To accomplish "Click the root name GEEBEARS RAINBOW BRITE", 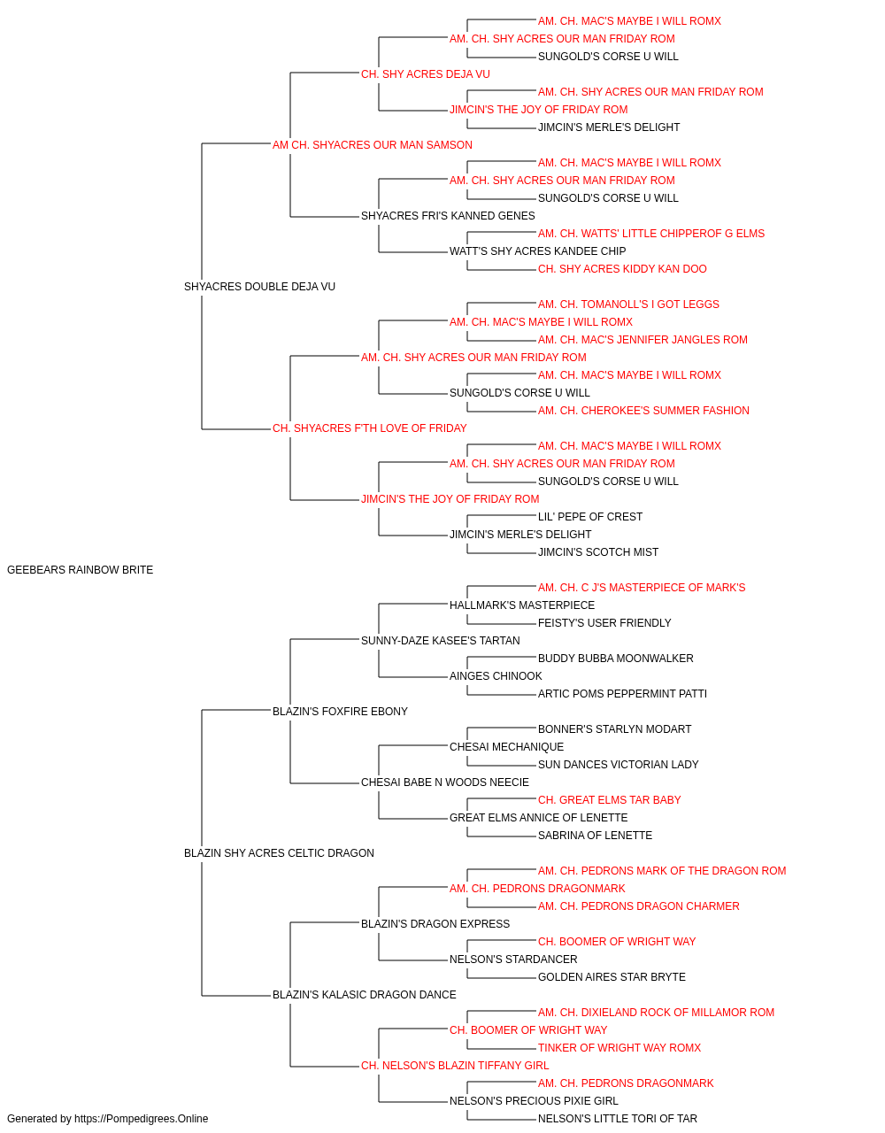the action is tap(80, 569).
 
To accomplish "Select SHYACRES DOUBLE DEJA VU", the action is tap(259, 286).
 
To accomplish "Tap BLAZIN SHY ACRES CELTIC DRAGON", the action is tap(279, 852).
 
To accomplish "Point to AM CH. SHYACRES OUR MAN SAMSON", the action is tap(372, 145).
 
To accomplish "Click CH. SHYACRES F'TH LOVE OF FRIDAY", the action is tap(370, 428).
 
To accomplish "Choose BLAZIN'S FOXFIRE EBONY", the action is tap(340, 711).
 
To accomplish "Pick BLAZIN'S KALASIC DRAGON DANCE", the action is tap(364, 994).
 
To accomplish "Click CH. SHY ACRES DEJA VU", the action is tap(426, 74).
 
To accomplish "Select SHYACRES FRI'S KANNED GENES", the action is tap(448, 215).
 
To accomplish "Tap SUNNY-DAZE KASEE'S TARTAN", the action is tap(441, 640).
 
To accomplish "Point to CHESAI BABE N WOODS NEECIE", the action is tap(444, 782).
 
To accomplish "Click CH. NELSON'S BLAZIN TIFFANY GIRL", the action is tap(455, 1065).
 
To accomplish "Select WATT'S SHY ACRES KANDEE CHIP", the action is tap(537, 250).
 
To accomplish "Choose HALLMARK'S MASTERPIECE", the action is tap(522, 605).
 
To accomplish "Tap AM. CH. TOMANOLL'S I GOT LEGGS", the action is tap(628, 304).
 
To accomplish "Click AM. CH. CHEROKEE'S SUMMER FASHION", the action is tap(643, 411).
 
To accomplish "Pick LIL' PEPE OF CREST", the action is tap(590, 516).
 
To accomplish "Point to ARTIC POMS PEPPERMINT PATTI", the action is tap(622, 693).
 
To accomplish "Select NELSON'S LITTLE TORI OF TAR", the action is tap(617, 1119).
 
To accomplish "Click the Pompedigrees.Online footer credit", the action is tap(107, 1119).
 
